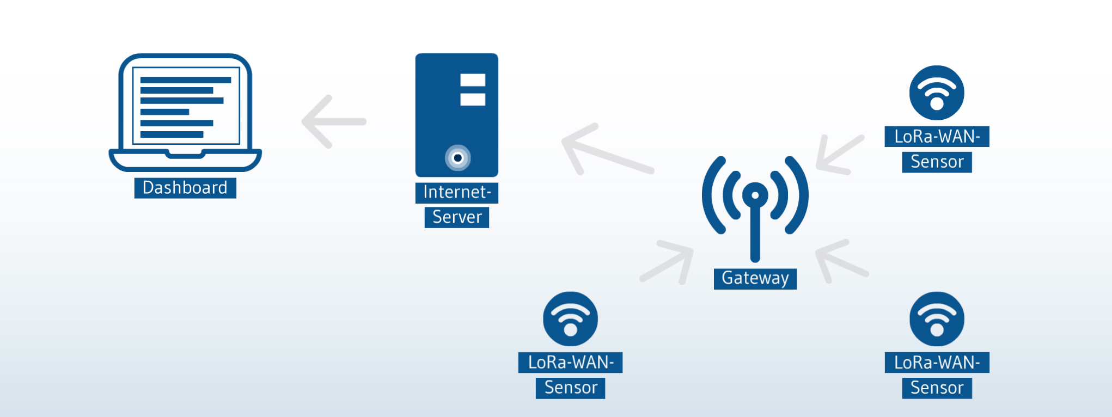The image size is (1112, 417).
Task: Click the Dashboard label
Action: (x=185, y=188)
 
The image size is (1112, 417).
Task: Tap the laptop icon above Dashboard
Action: (x=185, y=112)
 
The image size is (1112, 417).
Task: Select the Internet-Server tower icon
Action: (x=457, y=115)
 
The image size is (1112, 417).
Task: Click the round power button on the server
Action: (x=458, y=158)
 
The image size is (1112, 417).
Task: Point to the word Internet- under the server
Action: (x=457, y=192)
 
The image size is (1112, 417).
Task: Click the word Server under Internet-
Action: (x=457, y=217)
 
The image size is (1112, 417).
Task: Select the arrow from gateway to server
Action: (x=608, y=149)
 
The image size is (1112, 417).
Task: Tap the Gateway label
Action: (x=755, y=278)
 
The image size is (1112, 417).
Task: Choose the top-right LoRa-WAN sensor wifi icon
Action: (x=937, y=93)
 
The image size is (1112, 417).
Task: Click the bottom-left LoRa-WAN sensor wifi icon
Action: (x=570, y=319)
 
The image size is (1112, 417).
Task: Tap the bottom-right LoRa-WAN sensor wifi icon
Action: (x=937, y=319)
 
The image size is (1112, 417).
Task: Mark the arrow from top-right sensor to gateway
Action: (x=840, y=154)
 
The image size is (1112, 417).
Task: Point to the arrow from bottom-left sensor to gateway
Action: (x=667, y=262)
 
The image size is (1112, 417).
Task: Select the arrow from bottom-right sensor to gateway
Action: (x=842, y=261)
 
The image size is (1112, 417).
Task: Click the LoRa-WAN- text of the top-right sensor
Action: (x=937, y=137)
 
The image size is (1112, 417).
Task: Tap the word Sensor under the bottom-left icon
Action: (x=571, y=388)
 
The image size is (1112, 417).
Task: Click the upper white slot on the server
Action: (x=473, y=80)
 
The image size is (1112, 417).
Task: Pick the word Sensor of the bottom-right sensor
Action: (x=937, y=388)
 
